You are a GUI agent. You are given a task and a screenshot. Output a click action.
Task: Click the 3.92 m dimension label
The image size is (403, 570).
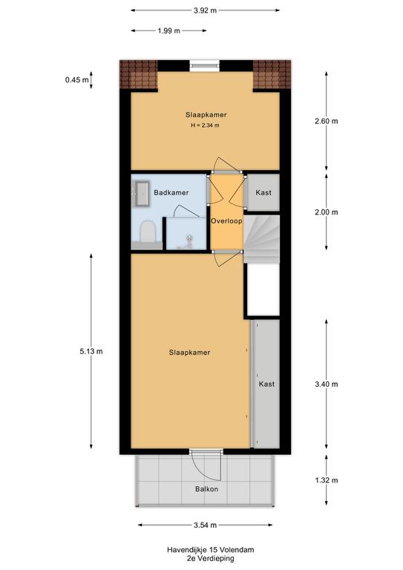(x=205, y=10)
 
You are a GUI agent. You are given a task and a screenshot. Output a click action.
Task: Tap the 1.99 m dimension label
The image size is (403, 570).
(x=168, y=31)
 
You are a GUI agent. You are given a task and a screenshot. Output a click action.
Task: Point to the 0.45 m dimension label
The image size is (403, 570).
(x=76, y=79)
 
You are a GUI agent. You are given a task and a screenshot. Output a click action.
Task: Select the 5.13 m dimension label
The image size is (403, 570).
(x=91, y=351)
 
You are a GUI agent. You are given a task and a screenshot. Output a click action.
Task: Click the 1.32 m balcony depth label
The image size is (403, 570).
(x=327, y=480)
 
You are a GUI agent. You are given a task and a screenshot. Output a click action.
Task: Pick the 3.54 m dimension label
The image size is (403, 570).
(x=205, y=525)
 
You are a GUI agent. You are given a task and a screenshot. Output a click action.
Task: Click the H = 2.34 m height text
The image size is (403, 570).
(x=206, y=125)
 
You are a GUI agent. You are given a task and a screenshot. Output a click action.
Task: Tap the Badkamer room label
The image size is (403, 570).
(x=171, y=193)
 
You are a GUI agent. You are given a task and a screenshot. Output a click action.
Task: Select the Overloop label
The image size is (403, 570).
(x=227, y=220)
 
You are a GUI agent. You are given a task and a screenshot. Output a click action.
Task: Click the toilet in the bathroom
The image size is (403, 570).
(x=148, y=232)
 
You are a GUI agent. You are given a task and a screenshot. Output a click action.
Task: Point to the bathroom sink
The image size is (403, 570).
(x=142, y=194)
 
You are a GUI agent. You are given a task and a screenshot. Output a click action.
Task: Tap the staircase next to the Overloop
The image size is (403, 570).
(x=261, y=238)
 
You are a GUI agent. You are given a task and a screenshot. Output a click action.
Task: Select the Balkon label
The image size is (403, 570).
(x=207, y=489)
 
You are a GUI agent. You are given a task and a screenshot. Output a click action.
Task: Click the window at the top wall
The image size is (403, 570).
(x=205, y=65)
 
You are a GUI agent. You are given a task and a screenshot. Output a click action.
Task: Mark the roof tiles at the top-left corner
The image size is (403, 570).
(x=139, y=74)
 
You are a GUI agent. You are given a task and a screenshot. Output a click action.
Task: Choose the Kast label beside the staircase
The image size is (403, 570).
(x=263, y=193)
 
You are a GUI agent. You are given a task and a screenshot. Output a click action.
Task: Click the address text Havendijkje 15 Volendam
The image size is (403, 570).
(x=210, y=550)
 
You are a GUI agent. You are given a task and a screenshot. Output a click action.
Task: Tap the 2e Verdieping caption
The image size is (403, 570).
(x=210, y=558)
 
